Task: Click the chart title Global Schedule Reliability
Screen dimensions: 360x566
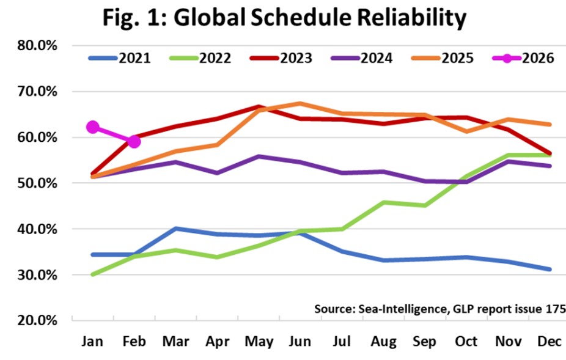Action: click(x=284, y=19)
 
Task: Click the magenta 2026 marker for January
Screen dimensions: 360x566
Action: click(x=93, y=127)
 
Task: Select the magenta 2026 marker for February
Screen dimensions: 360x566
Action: click(x=134, y=142)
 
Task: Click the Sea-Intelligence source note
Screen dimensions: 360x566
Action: click(x=439, y=309)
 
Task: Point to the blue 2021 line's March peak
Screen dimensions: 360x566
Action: click(x=176, y=229)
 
